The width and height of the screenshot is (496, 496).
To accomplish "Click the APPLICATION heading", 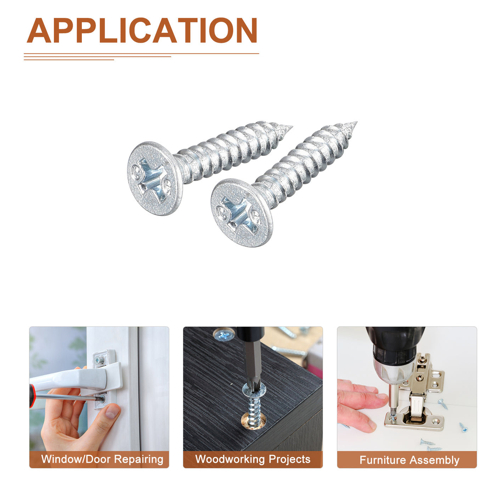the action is click(142, 30).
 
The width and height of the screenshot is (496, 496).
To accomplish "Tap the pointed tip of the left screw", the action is click(292, 126).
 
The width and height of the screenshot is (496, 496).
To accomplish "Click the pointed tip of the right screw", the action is click(357, 122).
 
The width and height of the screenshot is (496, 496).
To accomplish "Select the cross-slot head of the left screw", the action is click(154, 178).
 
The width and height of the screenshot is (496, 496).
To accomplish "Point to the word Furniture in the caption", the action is click(382, 460).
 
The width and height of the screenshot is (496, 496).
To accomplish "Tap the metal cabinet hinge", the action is click(417, 394).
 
